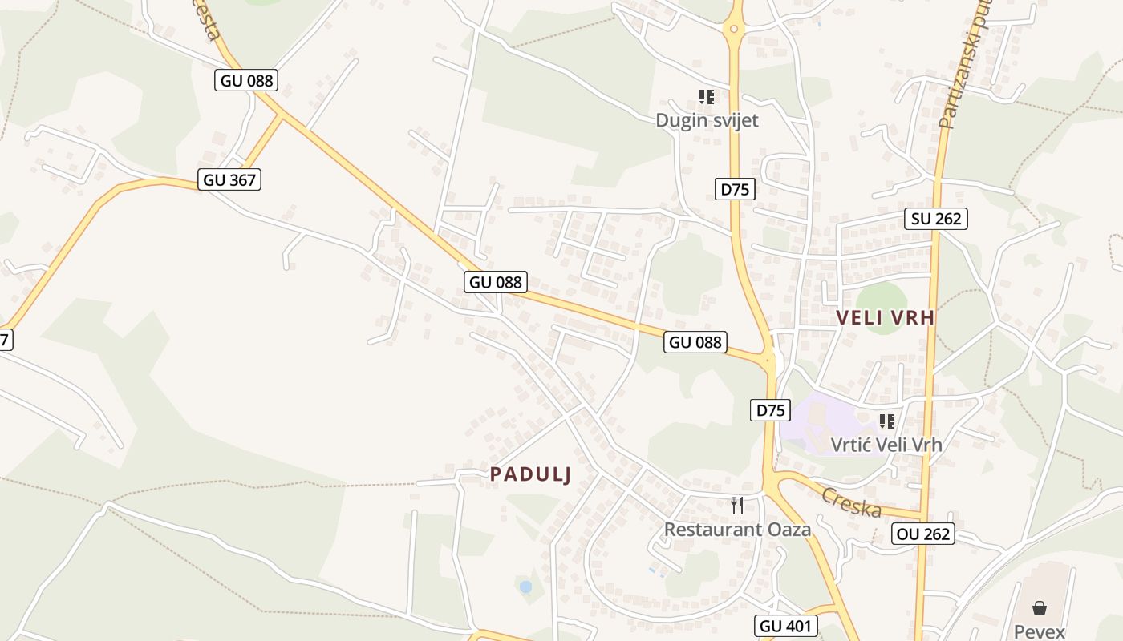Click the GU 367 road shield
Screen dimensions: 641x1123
point(229,179)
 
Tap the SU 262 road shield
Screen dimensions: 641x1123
point(935,218)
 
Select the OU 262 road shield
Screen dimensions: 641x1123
point(922,534)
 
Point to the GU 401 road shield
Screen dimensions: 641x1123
point(786,626)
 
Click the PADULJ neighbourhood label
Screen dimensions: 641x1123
point(530,474)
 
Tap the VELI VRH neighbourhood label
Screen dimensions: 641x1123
point(886,317)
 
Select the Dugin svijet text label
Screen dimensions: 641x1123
point(707,120)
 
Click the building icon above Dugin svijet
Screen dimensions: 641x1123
point(707,97)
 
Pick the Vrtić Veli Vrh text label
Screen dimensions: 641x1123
point(886,444)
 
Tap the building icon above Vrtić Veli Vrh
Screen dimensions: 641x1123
point(886,421)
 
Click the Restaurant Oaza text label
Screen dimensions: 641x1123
point(737,530)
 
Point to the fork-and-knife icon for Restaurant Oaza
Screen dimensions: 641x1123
point(737,506)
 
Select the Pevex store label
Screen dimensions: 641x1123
point(1039,631)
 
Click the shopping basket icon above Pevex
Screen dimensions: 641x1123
point(1040,608)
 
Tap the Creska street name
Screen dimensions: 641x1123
point(851,502)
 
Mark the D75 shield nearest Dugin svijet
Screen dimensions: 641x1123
point(735,189)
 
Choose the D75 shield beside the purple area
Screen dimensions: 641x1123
point(770,410)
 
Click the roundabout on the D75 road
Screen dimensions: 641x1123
point(733,30)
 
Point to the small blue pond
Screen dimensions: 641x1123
point(525,587)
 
